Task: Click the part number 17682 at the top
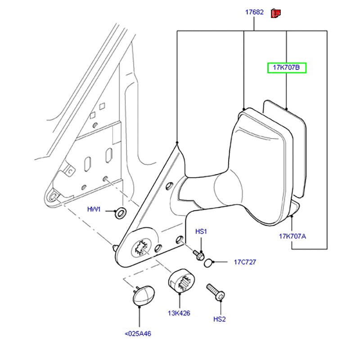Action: point(254,12)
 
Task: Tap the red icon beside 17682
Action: point(275,13)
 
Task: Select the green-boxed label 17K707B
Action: point(287,68)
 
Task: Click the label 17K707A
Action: point(292,236)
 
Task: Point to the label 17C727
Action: point(244,262)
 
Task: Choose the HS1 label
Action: point(201,231)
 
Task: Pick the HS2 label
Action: point(219,319)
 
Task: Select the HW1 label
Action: point(94,210)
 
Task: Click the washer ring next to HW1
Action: point(121,212)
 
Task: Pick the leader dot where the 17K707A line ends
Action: point(292,216)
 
